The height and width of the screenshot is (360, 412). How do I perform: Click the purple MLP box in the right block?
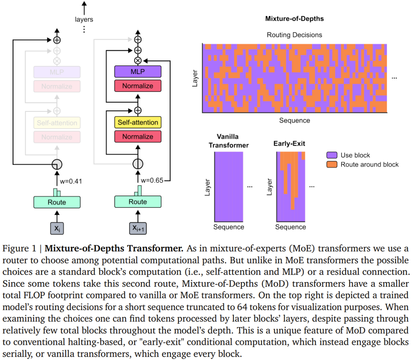[138, 72]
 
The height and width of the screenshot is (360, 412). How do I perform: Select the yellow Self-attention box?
[138, 122]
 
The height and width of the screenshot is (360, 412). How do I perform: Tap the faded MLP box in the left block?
[57, 72]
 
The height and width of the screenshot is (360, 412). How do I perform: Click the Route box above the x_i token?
[57, 202]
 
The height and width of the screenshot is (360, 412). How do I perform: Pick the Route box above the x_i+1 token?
[138, 202]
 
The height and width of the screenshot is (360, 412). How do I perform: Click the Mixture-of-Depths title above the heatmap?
[294, 19]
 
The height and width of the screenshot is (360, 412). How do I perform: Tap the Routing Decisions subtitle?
[294, 35]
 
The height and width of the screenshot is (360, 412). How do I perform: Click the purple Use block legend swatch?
[332, 155]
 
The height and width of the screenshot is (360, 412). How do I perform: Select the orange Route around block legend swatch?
[332, 164]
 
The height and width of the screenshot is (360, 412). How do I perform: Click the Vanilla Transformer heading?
[228, 141]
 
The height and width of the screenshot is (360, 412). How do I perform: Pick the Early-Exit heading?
[289, 144]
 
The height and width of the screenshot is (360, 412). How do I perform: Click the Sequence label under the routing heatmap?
[295, 121]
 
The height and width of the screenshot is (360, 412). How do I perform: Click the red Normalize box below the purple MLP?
[138, 86]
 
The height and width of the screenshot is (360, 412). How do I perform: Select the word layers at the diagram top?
[84, 19]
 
